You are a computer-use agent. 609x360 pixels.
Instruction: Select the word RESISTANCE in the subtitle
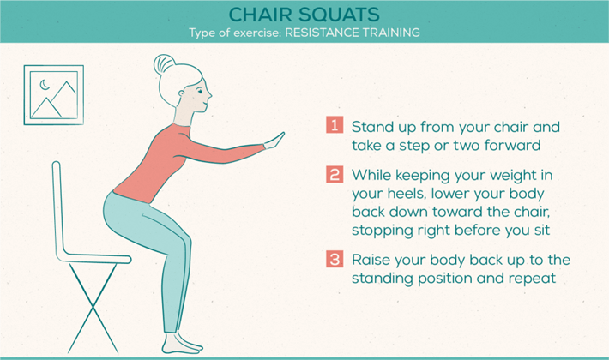[317, 33]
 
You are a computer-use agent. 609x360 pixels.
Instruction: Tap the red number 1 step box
[335, 125]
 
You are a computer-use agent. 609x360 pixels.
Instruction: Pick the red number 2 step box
[335, 174]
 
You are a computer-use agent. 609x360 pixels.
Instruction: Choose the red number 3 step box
[335, 259]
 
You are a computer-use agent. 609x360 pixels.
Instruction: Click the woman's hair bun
[162, 64]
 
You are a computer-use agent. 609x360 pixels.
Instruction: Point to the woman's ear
[182, 94]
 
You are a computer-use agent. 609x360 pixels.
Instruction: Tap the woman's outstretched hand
[274, 141]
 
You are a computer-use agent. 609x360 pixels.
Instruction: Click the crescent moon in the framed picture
[45, 85]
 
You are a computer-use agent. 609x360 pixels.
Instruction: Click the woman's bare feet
[182, 343]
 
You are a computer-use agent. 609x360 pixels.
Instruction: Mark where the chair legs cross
[93, 308]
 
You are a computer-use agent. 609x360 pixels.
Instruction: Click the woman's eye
[200, 92]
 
